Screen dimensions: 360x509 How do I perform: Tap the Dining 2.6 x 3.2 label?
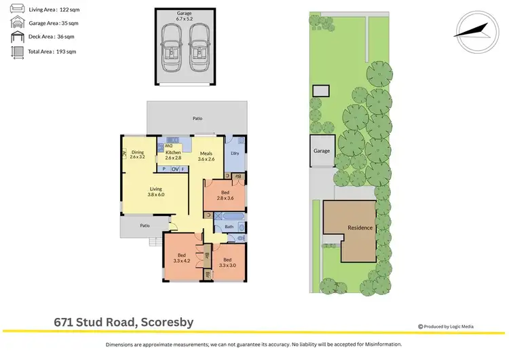click(x=138, y=154)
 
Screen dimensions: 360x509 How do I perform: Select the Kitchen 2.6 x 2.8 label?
click(x=174, y=155)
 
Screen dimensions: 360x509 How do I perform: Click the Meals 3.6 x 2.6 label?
click(x=206, y=156)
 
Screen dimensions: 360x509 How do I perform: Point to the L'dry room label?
click(x=235, y=154)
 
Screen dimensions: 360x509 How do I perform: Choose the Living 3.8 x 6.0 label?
click(x=156, y=192)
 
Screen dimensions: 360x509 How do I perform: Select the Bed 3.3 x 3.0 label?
click(x=227, y=262)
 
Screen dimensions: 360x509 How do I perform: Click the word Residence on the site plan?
click(x=360, y=228)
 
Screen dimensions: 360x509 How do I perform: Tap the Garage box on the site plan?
click(x=322, y=151)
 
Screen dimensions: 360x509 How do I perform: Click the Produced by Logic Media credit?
click(x=447, y=327)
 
